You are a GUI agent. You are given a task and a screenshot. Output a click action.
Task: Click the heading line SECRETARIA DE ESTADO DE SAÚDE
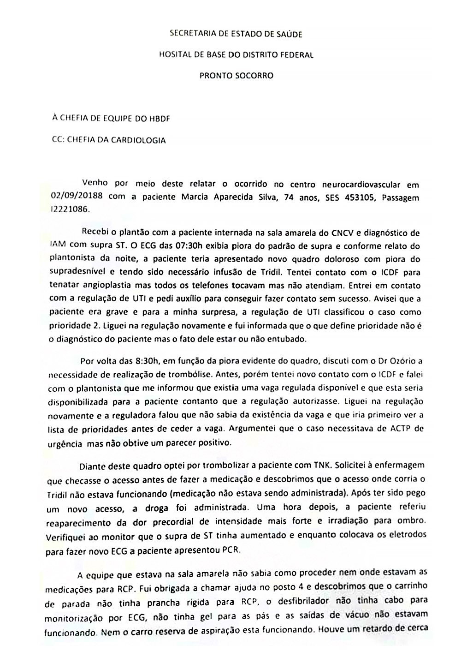pyautogui.click(x=236, y=33)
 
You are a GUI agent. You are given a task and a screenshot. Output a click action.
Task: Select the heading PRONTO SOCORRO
pyautogui.click(x=236, y=75)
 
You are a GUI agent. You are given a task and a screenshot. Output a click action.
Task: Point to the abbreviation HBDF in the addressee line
pyautogui.click(x=159, y=118)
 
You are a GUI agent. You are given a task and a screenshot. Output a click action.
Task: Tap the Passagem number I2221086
pyautogui.click(x=67, y=209)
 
